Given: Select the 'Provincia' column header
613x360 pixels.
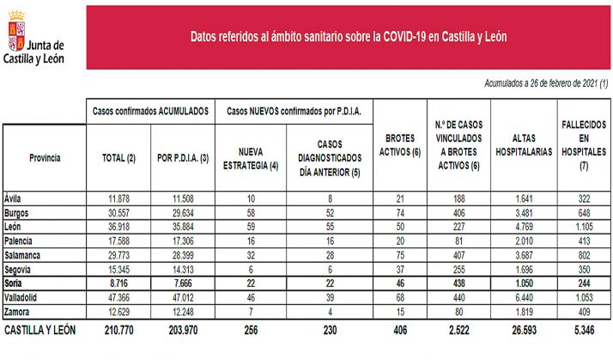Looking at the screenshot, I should pos(45,158).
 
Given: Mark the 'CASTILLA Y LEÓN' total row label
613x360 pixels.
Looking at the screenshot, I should pos(41,329).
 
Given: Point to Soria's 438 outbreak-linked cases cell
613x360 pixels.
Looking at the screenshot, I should pos(461,282).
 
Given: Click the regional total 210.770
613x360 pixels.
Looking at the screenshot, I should pos(120,329).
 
